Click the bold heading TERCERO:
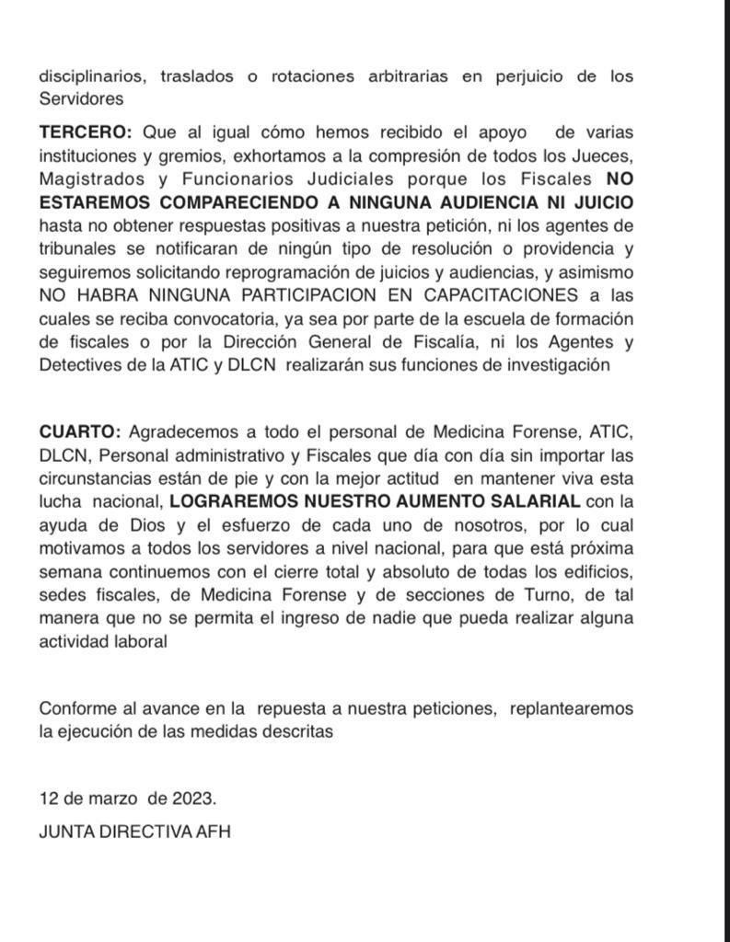(x=87, y=133)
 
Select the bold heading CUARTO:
(x=79, y=431)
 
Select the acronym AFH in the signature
(x=214, y=832)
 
